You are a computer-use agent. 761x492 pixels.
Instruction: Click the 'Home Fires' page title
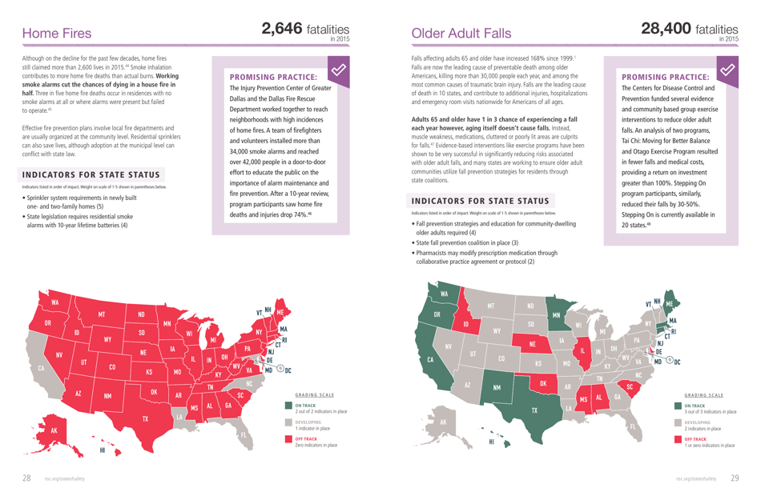[57, 34]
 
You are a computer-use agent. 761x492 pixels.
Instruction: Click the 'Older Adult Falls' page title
[461, 34]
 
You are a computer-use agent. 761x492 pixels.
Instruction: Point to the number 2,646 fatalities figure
[282, 29]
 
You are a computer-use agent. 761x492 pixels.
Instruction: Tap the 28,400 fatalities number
[666, 29]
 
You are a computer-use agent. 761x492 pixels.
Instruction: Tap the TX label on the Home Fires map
[145, 418]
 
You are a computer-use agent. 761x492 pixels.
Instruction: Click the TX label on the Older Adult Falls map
[534, 410]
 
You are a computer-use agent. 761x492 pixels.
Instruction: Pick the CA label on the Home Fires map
[41, 369]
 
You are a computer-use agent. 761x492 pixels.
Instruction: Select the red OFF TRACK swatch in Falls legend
[678, 440]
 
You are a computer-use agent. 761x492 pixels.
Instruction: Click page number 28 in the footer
[26, 478]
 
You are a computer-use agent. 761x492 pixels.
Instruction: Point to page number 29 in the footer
[735, 478]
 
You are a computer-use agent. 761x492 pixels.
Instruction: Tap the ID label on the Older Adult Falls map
[465, 324]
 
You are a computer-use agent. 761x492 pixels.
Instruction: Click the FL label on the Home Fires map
[244, 436]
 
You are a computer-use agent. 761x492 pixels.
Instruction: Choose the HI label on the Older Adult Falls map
[490, 442]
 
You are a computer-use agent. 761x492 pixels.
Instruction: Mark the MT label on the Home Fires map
[102, 314]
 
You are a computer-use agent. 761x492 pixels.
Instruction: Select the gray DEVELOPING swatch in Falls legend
[678, 423]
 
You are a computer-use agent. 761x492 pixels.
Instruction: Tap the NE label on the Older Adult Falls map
[531, 345]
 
